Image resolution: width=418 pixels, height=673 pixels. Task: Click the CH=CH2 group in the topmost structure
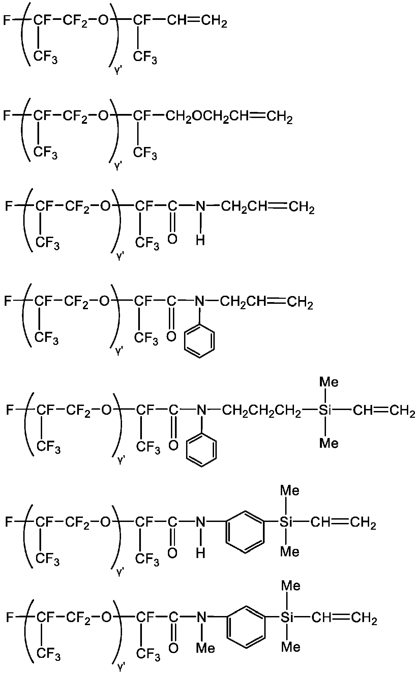tap(197, 21)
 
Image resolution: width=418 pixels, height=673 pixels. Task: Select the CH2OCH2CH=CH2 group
tap(229, 117)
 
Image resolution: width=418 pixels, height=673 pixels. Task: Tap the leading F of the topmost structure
tap(6, 21)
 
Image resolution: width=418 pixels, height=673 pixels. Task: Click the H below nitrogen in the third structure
tap(200, 240)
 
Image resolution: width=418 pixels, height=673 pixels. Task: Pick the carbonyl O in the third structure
tap(172, 239)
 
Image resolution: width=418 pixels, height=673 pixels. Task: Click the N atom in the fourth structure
tap(200, 301)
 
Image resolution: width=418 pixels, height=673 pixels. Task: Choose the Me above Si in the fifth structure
tap(329, 382)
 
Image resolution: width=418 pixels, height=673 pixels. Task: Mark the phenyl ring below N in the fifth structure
tap(201, 450)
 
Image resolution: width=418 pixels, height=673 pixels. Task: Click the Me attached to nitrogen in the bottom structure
tap(206, 648)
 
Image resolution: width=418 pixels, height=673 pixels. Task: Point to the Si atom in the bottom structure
tap(287, 618)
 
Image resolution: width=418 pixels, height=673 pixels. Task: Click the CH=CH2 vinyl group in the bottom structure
tap(344, 618)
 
